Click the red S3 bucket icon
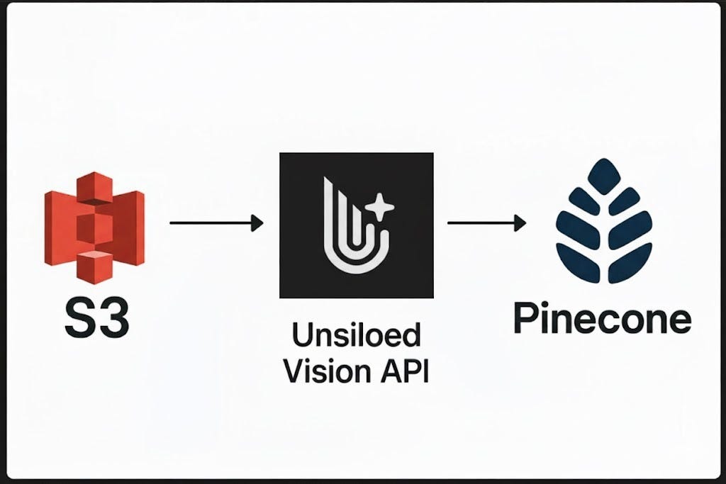pos(94,224)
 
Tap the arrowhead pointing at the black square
pos(257,224)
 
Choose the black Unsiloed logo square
pos(356,225)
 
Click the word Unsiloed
pos(356,336)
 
